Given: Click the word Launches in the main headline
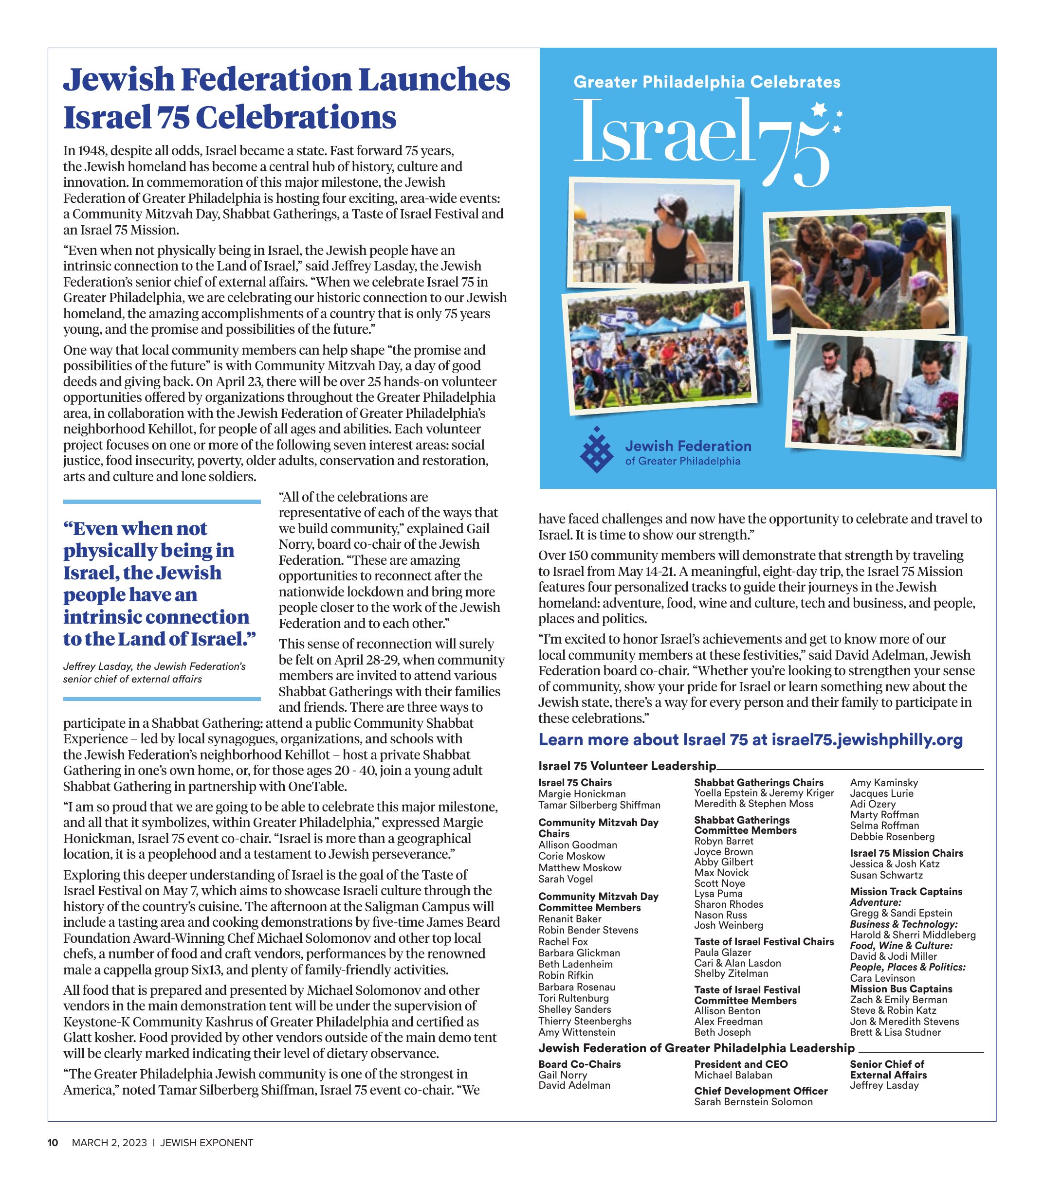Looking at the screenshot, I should click(x=434, y=79).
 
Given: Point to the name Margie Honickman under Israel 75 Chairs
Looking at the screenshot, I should click(x=582, y=794).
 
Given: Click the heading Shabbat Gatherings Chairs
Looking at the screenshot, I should click(x=758, y=783).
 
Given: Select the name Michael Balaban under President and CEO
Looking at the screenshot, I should click(x=733, y=1075).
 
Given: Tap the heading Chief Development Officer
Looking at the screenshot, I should click(x=761, y=1091).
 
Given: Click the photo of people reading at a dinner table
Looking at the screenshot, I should click(x=876, y=392).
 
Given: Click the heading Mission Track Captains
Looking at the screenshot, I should click(x=906, y=891).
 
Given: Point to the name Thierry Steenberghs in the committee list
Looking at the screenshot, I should click(x=585, y=1021).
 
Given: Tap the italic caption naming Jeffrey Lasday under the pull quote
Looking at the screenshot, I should click(x=154, y=672).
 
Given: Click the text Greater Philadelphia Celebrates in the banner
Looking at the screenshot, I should click(x=707, y=82).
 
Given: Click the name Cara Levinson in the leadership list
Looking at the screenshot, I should click(x=882, y=978).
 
